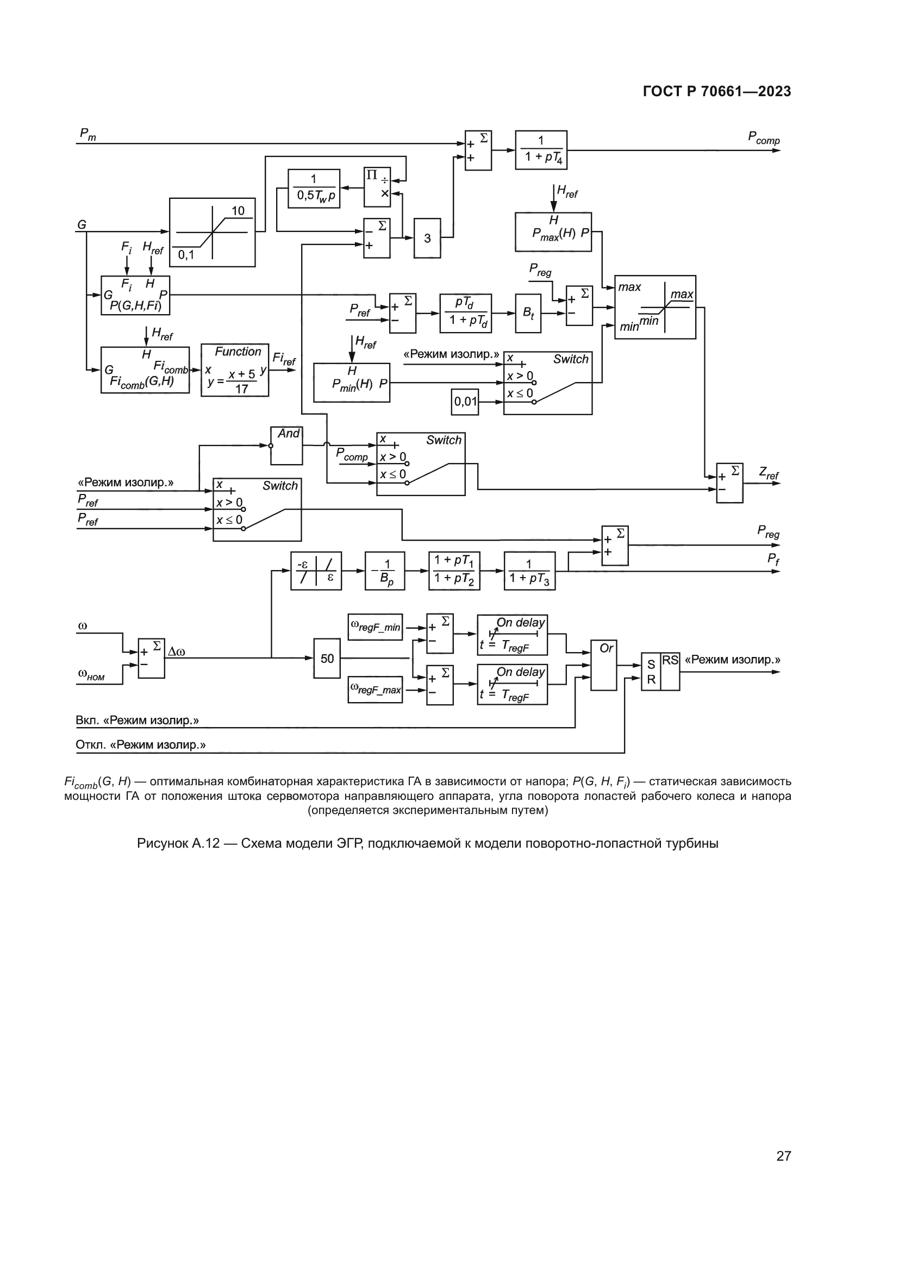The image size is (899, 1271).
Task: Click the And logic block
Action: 286,445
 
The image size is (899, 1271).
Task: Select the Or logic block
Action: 603,666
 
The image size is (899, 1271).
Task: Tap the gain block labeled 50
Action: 327,658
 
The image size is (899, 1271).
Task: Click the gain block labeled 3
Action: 427,238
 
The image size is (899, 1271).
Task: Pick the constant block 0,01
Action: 465,402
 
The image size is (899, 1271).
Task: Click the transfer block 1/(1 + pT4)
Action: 541,149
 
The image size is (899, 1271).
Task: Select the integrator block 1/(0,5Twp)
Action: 314,188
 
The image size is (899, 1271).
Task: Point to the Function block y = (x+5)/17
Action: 235,370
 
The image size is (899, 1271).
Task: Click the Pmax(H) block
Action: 553,231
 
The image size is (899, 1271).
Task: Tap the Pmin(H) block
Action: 352,383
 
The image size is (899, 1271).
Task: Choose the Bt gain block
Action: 528,313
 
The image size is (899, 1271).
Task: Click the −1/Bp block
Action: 385,571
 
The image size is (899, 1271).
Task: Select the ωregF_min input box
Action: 375,627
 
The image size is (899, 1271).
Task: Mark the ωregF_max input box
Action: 375,690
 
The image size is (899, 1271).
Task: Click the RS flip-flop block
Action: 660,671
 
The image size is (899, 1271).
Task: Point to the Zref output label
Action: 769,473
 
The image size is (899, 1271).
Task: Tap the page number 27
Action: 783,1156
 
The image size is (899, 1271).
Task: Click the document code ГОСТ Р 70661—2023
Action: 717,92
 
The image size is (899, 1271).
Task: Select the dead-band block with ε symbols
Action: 316,571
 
